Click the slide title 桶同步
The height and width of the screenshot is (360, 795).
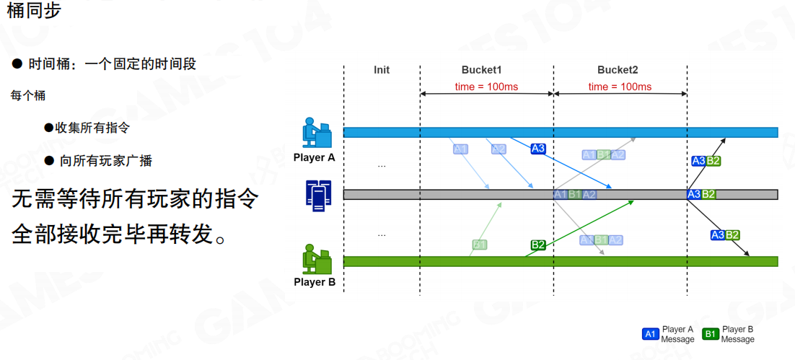click(x=34, y=11)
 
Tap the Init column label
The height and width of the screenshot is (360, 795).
click(x=382, y=70)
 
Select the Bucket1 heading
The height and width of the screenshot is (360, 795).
click(x=481, y=70)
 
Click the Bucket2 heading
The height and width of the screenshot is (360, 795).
click(x=618, y=70)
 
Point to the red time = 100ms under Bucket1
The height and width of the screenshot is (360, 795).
click(x=486, y=87)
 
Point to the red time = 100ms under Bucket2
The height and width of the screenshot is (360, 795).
click(x=620, y=87)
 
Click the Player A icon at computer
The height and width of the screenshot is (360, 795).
click(x=315, y=133)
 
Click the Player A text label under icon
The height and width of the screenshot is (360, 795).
click(x=315, y=157)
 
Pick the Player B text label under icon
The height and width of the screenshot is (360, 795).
click(x=315, y=282)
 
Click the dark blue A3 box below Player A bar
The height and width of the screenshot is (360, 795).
click(x=538, y=149)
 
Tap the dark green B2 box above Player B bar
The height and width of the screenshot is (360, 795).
click(x=538, y=245)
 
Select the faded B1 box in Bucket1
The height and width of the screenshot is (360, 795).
click(x=479, y=245)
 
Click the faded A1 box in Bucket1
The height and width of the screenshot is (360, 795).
click(x=460, y=149)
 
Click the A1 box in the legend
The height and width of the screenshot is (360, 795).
click(x=650, y=334)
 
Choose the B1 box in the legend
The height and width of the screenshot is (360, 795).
click(x=710, y=334)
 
